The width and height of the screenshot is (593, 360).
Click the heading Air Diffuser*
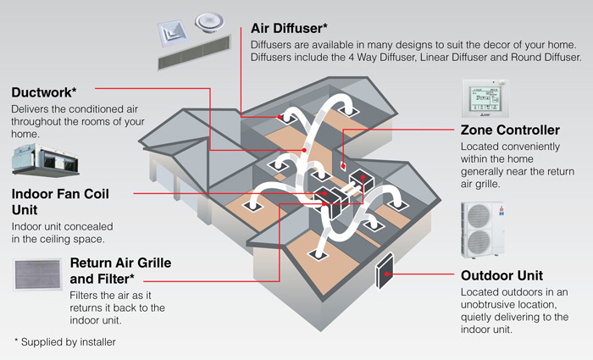[295, 28]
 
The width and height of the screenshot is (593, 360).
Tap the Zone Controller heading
[509, 130]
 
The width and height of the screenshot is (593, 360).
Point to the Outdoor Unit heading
[502, 276]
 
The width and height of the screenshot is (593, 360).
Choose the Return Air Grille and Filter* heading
[120, 270]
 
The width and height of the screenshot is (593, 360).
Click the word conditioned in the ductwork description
[97, 109]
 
